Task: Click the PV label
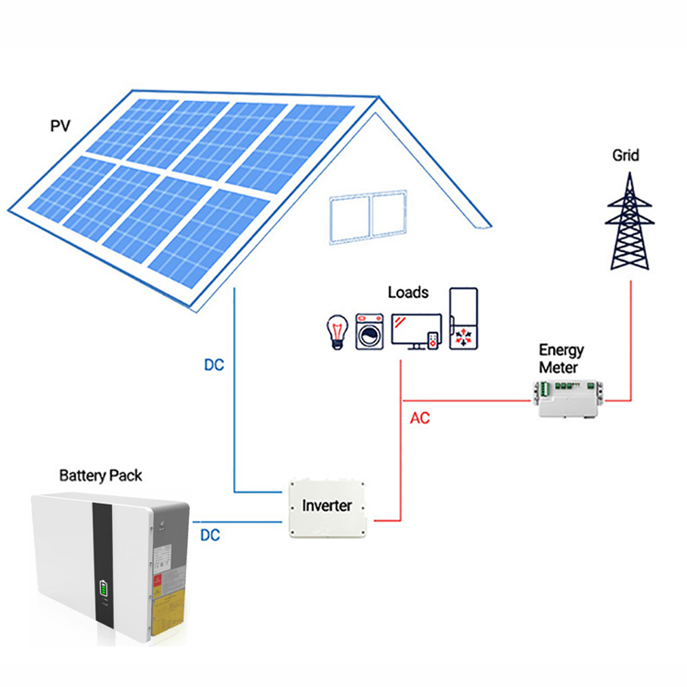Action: [60, 125]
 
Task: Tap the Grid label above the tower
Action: [626, 155]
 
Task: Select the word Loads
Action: [408, 292]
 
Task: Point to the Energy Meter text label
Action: [561, 359]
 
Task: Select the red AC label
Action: [419, 417]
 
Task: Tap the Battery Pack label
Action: [101, 475]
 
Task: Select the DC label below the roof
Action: [213, 364]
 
